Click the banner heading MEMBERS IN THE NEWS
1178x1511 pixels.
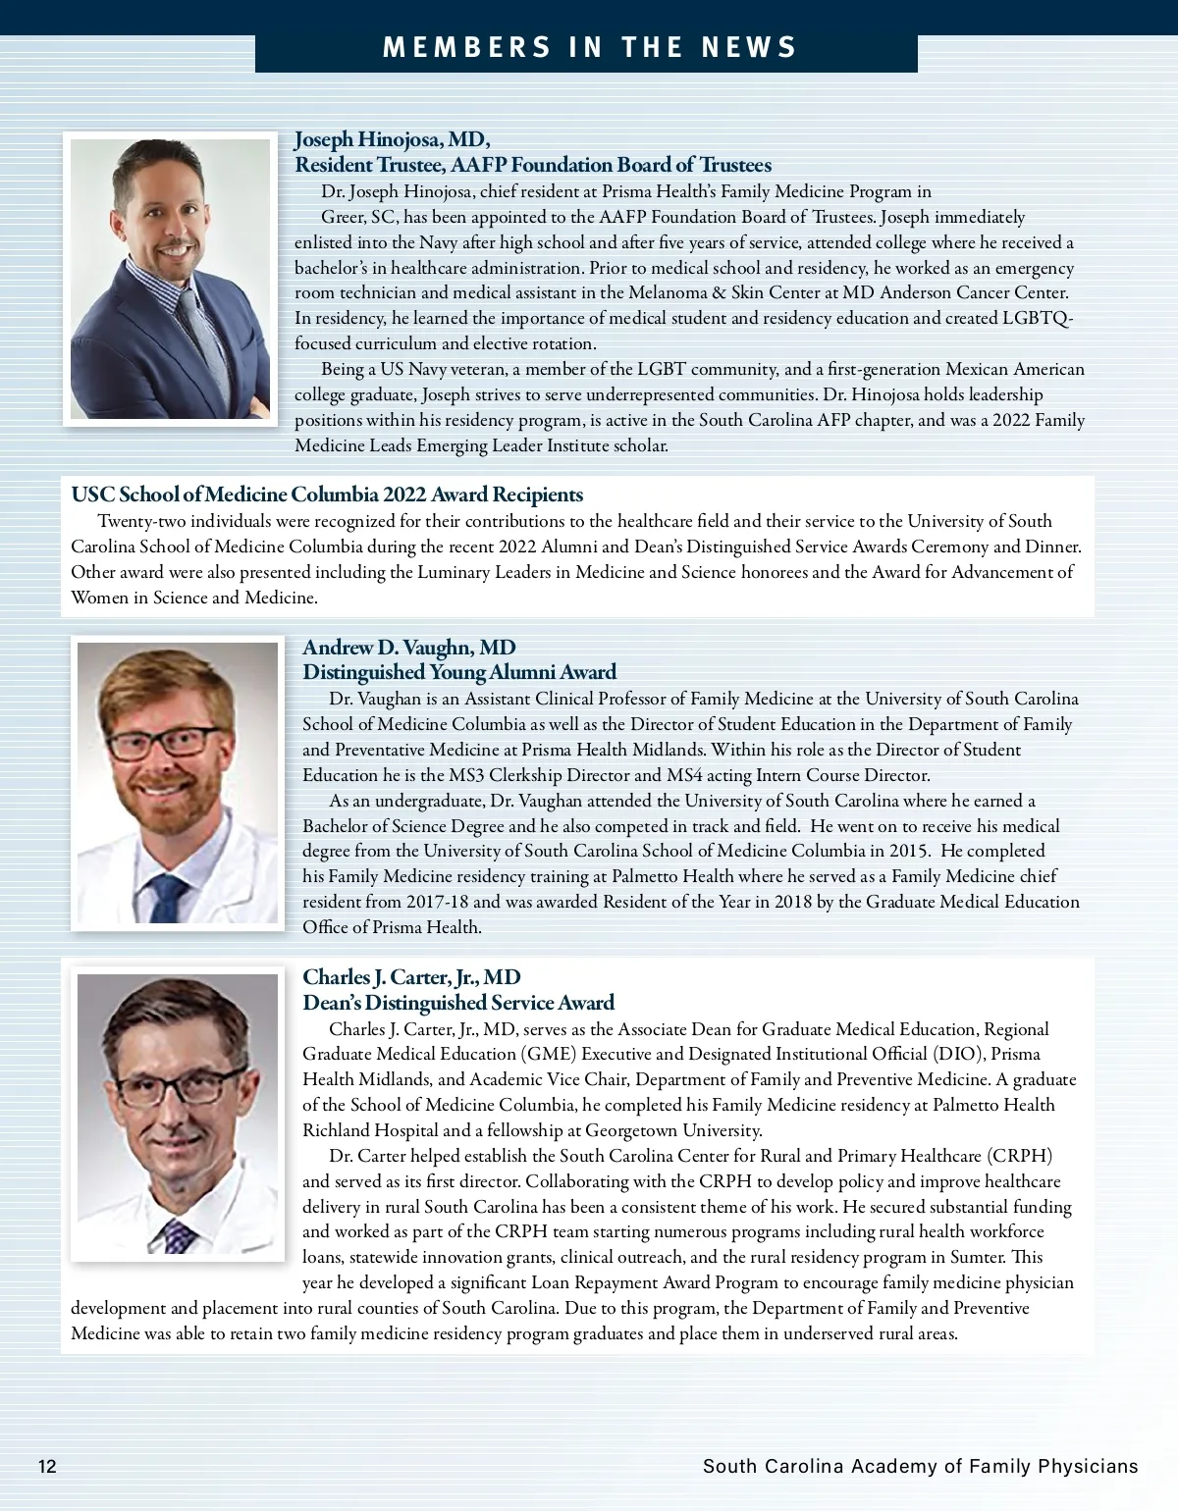pyautogui.click(x=589, y=48)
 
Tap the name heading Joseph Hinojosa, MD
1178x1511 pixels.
pyautogui.click(x=392, y=138)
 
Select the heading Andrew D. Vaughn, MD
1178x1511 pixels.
pyautogui.click(x=408, y=648)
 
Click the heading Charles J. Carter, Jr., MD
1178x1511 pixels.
pyautogui.click(x=411, y=977)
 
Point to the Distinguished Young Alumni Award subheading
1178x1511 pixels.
pyautogui.click(x=459, y=672)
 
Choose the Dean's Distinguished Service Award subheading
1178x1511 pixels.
pyautogui.click(x=458, y=1003)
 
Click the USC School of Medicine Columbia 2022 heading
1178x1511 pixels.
pyautogui.click(x=327, y=495)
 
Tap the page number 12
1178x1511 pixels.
pyautogui.click(x=47, y=1467)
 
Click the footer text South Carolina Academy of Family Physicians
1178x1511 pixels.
pyautogui.click(x=920, y=1467)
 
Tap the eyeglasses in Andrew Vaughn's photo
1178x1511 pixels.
pyautogui.click(x=164, y=741)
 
